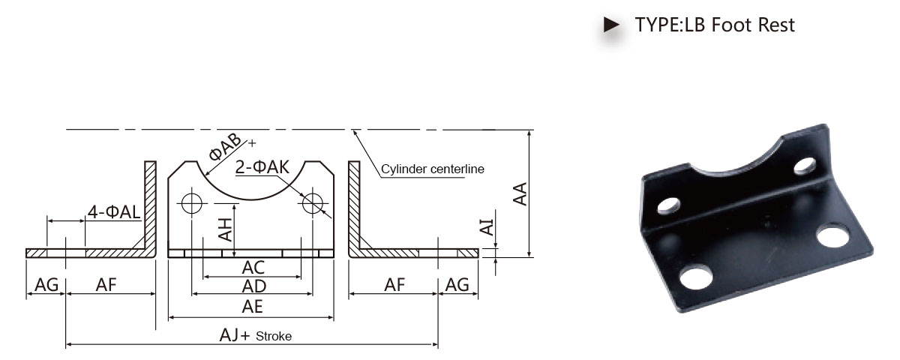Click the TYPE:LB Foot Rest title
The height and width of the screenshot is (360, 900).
[714, 25]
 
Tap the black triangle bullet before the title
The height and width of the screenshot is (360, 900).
[611, 25]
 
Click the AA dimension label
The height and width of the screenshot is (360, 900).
[520, 194]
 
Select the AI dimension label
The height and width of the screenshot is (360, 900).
[487, 227]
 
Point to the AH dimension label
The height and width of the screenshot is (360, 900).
[226, 229]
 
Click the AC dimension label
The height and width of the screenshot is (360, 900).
[253, 268]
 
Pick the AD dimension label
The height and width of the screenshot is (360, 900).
[254, 286]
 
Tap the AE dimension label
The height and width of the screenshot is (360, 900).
[252, 307]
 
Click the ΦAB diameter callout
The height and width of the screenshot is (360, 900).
[225, 147]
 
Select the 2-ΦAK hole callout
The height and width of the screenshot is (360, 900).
[262, 167]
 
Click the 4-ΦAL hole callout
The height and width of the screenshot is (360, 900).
[114, 211]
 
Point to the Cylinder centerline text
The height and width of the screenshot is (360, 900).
[432, 169]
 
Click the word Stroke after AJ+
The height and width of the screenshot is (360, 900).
[274, 336]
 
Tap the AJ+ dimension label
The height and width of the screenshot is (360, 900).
[235, 335]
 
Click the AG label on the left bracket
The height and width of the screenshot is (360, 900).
[46, 285]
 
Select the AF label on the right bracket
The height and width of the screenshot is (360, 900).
[394, 285]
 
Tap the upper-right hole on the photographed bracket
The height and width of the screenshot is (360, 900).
[805, 166]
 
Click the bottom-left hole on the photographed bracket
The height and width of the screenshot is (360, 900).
[696, 278]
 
